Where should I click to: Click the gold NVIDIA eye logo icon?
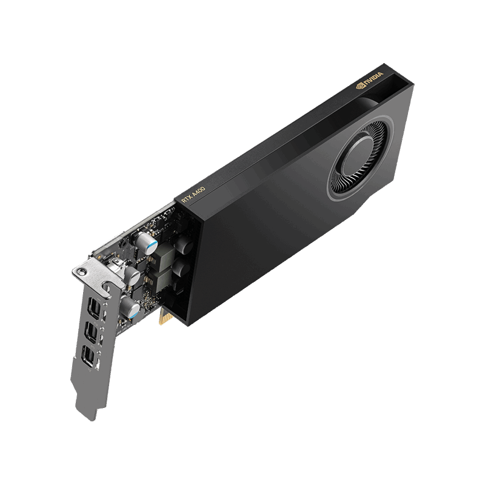click(x=360, y=85)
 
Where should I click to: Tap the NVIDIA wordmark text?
click(x=373, y=79)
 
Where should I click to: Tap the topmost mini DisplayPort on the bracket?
click(x=93, y=308)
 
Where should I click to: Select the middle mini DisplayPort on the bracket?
click(x=91, y=332)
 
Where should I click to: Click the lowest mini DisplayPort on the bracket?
click(x=88, y=356)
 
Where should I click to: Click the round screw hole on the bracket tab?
click(x=82, y=272)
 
